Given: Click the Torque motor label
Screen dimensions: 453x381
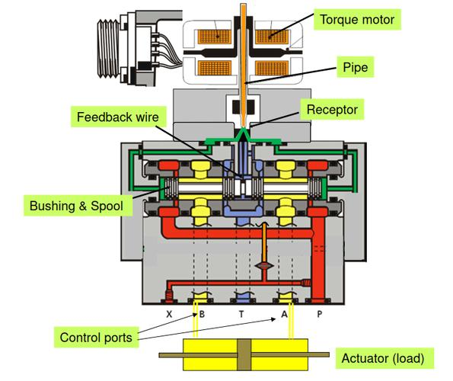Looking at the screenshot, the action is [x=357, y=19].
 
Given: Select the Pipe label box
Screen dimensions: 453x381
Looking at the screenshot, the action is [x=355, y=67].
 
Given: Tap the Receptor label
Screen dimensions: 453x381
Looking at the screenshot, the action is [x=332, y=110].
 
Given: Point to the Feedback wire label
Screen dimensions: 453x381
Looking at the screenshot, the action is [x=118, y=117].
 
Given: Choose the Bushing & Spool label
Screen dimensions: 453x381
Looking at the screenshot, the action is [x=77, y=206].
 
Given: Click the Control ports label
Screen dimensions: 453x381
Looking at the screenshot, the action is [x=96, y=338].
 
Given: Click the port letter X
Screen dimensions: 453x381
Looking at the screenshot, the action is [x=169, y=314].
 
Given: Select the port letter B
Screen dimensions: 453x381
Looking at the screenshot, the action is [x=202, y=314].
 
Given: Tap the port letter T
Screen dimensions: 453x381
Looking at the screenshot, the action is [x=241, y=314].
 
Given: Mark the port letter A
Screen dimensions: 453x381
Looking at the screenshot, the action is [x=284, y=314].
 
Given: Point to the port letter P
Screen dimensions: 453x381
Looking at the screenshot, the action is [x=320, y=314].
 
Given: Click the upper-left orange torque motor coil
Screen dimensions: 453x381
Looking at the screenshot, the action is [x=215, y=37].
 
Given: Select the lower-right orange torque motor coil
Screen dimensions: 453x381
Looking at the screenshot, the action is [x=272, y=69].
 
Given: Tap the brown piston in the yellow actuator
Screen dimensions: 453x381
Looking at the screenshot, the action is [x=244, y=354].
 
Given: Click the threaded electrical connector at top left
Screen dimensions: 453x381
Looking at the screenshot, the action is [x=108, y=48].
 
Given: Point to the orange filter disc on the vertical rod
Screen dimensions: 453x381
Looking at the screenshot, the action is [x=263, y=265].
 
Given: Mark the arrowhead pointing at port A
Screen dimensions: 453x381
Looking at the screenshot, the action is [x=273, y=319].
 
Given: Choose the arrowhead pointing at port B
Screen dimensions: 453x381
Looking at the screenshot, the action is [x=195, y=315].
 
